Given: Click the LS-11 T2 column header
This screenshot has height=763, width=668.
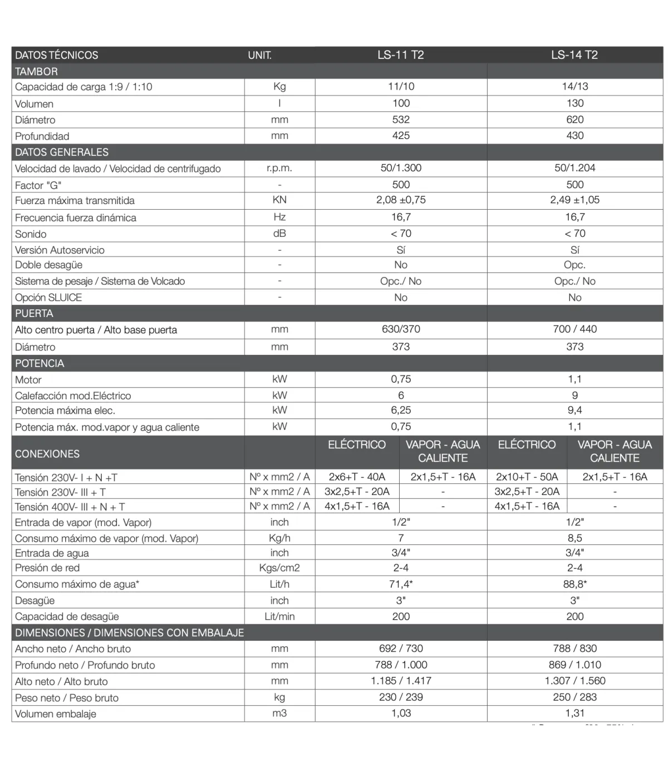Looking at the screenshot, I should pyautogui.click(x=400, y=54).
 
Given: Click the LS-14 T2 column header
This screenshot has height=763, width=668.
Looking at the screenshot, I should pyautogui.click(x=574, y=54).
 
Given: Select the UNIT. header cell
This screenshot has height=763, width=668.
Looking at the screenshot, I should pyautogui.click(x=259, y=55).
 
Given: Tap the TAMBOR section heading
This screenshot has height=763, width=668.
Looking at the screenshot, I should pyautogui.click(x=36, y=71).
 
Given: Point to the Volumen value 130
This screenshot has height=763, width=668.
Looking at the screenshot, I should pyautogui.click(x=574, y=103).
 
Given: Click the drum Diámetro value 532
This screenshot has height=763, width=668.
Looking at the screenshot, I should pyautogui.click(x=400, y=120).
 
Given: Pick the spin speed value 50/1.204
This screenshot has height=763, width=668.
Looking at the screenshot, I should pyautogui.click(x=574, y=168).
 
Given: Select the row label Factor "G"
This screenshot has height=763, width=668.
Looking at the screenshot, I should pyautogui.click(x=38, y=185).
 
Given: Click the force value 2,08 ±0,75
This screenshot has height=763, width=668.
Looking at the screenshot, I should pyautogui.click(x=401, y=200).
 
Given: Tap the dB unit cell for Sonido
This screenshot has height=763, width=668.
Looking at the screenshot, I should pyautogui.click(x=279, y=234).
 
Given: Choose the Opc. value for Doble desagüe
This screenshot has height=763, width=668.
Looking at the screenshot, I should pyautogui.click(x=574, y=265).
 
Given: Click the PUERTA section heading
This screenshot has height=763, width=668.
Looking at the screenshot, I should pyautogui.click(x=34, y=313).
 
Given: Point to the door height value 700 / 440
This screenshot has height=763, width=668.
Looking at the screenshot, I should pyautogui.click(x=574, y=329).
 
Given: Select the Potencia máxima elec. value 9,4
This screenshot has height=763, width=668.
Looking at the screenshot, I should pyautogui.click(x=574, y=410).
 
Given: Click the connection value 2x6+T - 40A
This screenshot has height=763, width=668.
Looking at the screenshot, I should pyautogui.click(x=357, y=477).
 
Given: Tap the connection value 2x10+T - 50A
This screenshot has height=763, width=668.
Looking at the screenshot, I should pyautogui.click(x=527, y=477).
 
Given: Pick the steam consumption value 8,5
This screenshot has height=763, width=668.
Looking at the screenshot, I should pyautogui.click(x=574, y=538).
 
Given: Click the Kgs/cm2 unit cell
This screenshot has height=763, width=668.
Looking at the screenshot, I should pyautogui.click(x=279, y=568).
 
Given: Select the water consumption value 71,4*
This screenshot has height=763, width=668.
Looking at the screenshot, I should pyautogui.click(x=401, y=584).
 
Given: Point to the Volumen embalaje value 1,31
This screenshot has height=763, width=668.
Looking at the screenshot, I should pyautogui.click(x=574, y=714).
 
